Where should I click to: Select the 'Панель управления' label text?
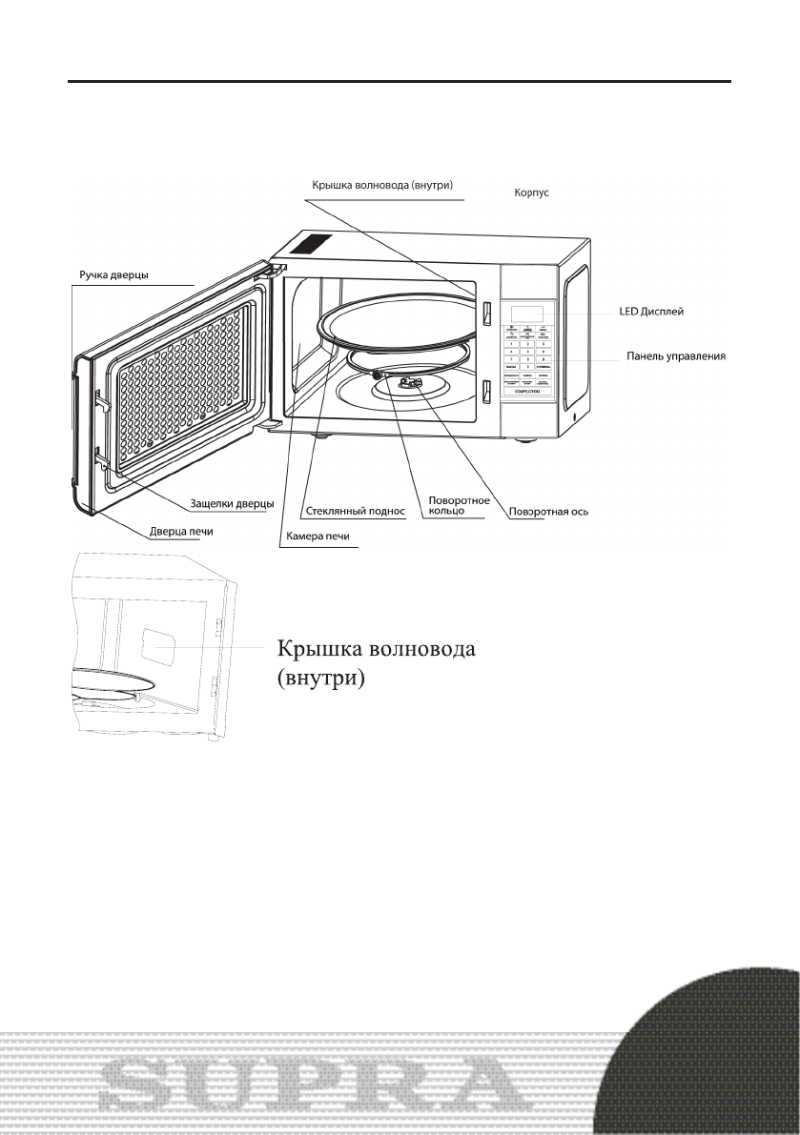pyautogui.click(x=676, y=356)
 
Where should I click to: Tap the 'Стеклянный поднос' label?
pyautogui.click(x=356, y=512)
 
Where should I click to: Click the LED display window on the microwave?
pyautogui.click(x=527, y=313)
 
